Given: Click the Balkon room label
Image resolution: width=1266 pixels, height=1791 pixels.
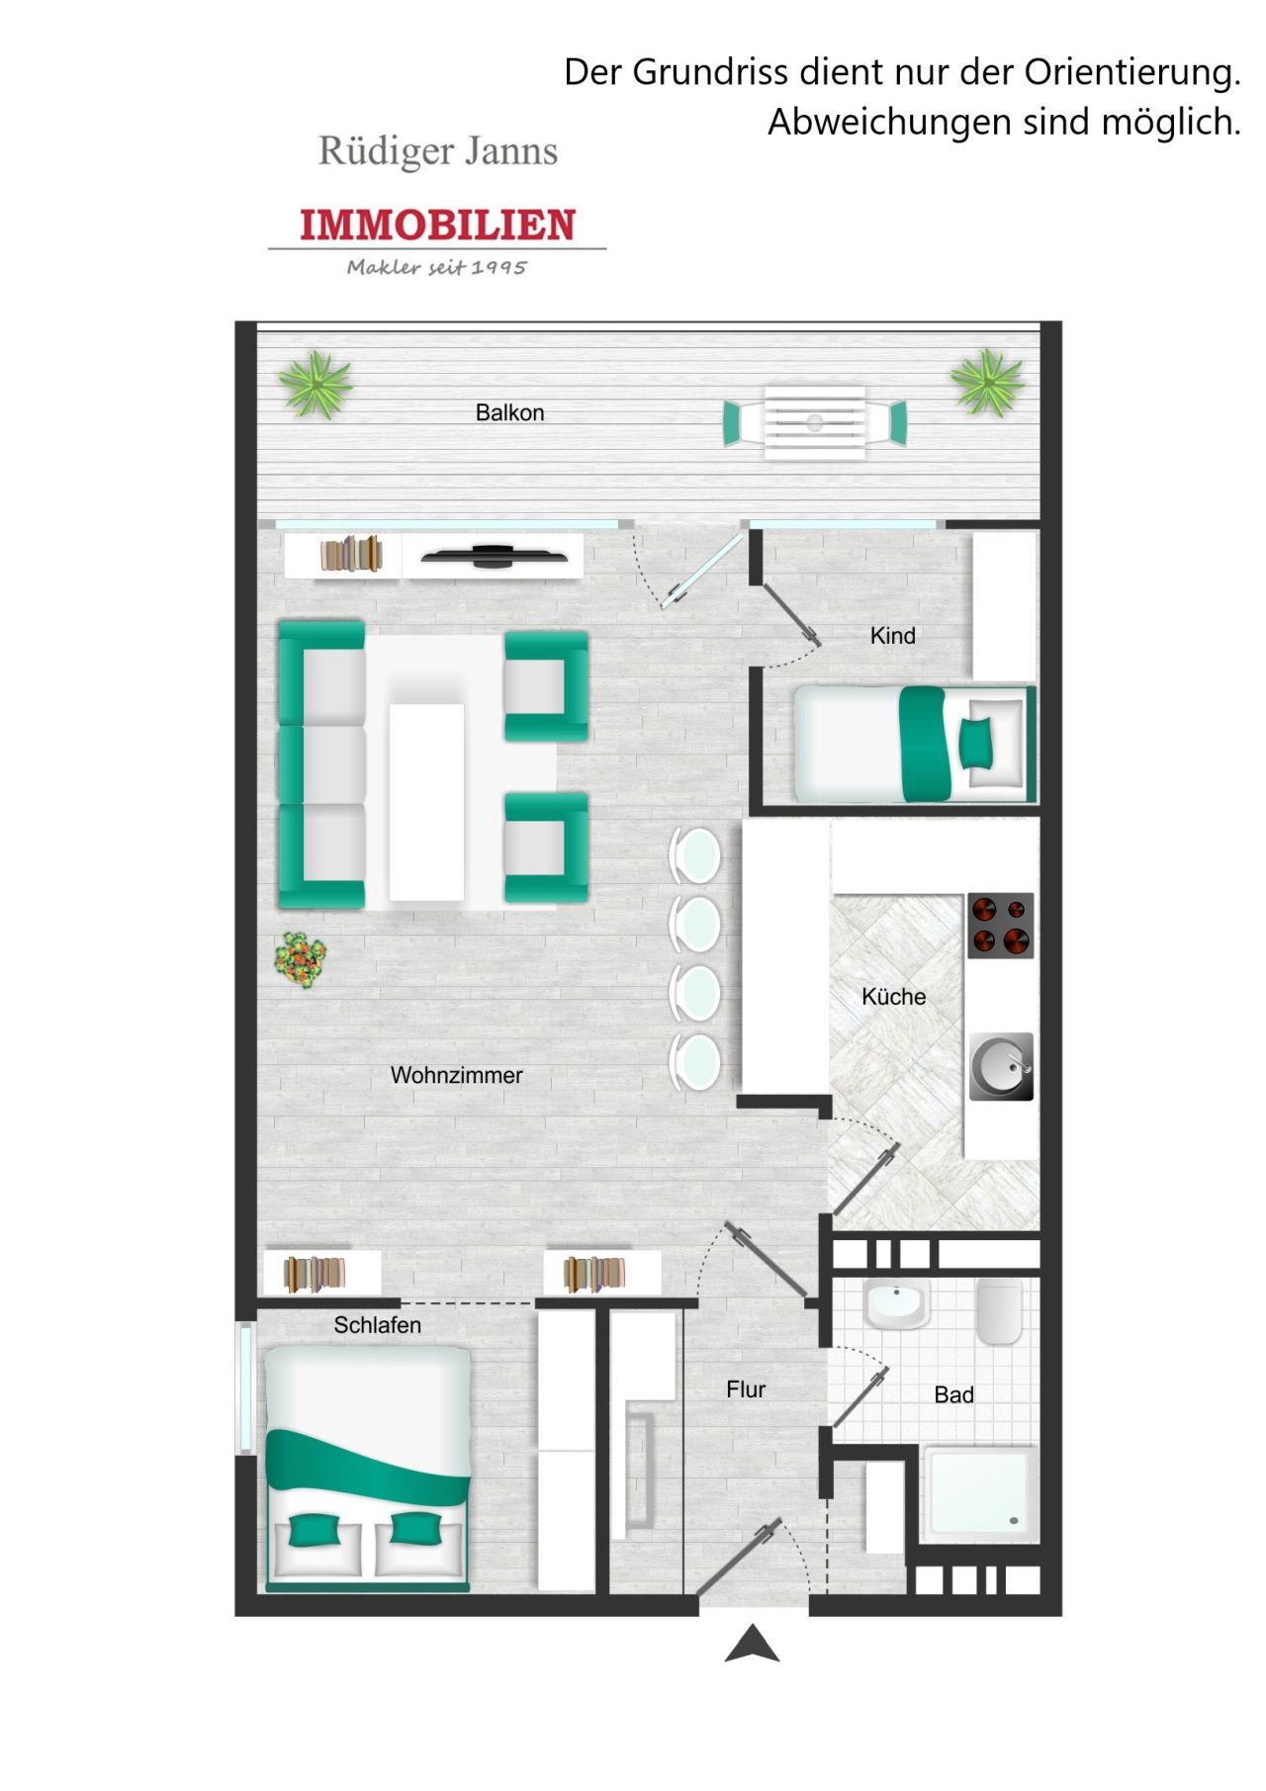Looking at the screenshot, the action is pos(509,412).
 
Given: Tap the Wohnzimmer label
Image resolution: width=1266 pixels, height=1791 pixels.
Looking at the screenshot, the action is pos(456,1075).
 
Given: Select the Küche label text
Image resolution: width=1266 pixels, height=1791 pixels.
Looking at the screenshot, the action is pos(893,996).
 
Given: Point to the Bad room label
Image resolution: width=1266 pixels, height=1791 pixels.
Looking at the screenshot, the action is pos(953,1394).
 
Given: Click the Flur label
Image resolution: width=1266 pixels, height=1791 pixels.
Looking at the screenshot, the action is pos(746,1389).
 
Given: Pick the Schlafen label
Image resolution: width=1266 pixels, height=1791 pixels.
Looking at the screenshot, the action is pos(377,1325).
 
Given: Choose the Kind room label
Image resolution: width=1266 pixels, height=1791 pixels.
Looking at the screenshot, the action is pos(892,636).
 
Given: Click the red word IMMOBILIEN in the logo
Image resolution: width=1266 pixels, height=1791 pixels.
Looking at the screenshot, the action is pos(437,225).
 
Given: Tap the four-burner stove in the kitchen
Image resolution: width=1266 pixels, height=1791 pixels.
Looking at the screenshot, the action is pos(1000,926).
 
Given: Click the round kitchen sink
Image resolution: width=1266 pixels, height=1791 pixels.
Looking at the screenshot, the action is pos(1001,1067).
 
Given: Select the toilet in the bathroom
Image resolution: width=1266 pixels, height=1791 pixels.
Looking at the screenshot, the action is pos(999,1311).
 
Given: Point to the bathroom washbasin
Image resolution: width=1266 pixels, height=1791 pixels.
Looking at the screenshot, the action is pos(896,1304).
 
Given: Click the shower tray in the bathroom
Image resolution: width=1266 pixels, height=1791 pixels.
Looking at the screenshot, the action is pos(980,1494).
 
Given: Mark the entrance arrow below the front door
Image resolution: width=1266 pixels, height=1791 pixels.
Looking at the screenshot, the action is pos(752,1644).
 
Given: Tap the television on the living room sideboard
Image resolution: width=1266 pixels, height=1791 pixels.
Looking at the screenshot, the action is pos(495,557).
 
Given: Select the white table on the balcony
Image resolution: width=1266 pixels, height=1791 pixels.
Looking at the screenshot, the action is pos(814,422).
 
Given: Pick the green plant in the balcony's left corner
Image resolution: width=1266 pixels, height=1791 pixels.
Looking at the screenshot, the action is pos(316,384).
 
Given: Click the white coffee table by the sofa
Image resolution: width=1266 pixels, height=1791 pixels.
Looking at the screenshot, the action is pos(426,802).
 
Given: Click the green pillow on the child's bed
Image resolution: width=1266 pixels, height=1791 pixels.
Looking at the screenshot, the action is pos(976,743).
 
